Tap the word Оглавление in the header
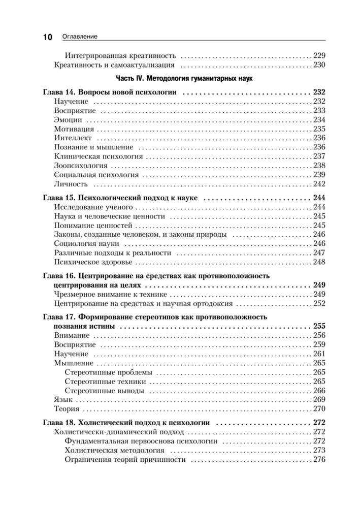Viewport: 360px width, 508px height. [x=79, y=37]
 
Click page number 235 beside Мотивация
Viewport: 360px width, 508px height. [x=319, y=129]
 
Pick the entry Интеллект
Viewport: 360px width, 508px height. [x=73, y=138]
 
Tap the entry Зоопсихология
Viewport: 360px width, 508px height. [x=80, y=166]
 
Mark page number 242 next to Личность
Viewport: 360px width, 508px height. [x=319, y=184]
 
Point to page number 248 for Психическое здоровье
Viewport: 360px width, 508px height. [x=319, y=262]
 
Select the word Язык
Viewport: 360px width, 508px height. [x=61, y=400]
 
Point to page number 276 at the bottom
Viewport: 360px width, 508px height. [x=319, y=460]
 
